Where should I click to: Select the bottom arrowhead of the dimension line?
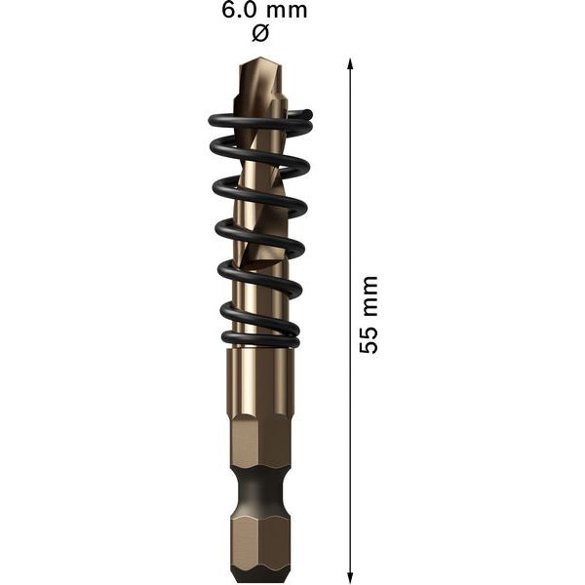click(x=350, y=574)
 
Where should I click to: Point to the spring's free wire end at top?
click(x=304, y=116)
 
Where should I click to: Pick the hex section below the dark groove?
click(x=259, y=536)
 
